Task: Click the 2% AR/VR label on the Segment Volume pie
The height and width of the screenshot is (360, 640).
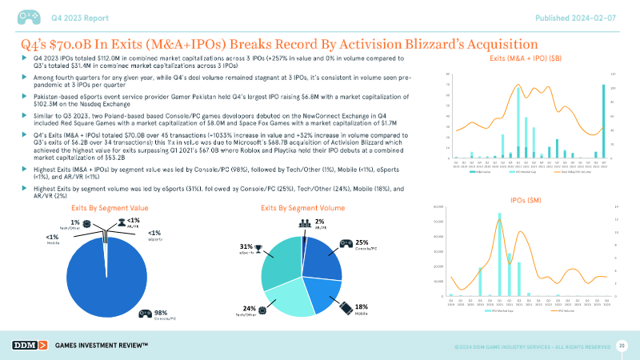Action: tap(319, 221)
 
